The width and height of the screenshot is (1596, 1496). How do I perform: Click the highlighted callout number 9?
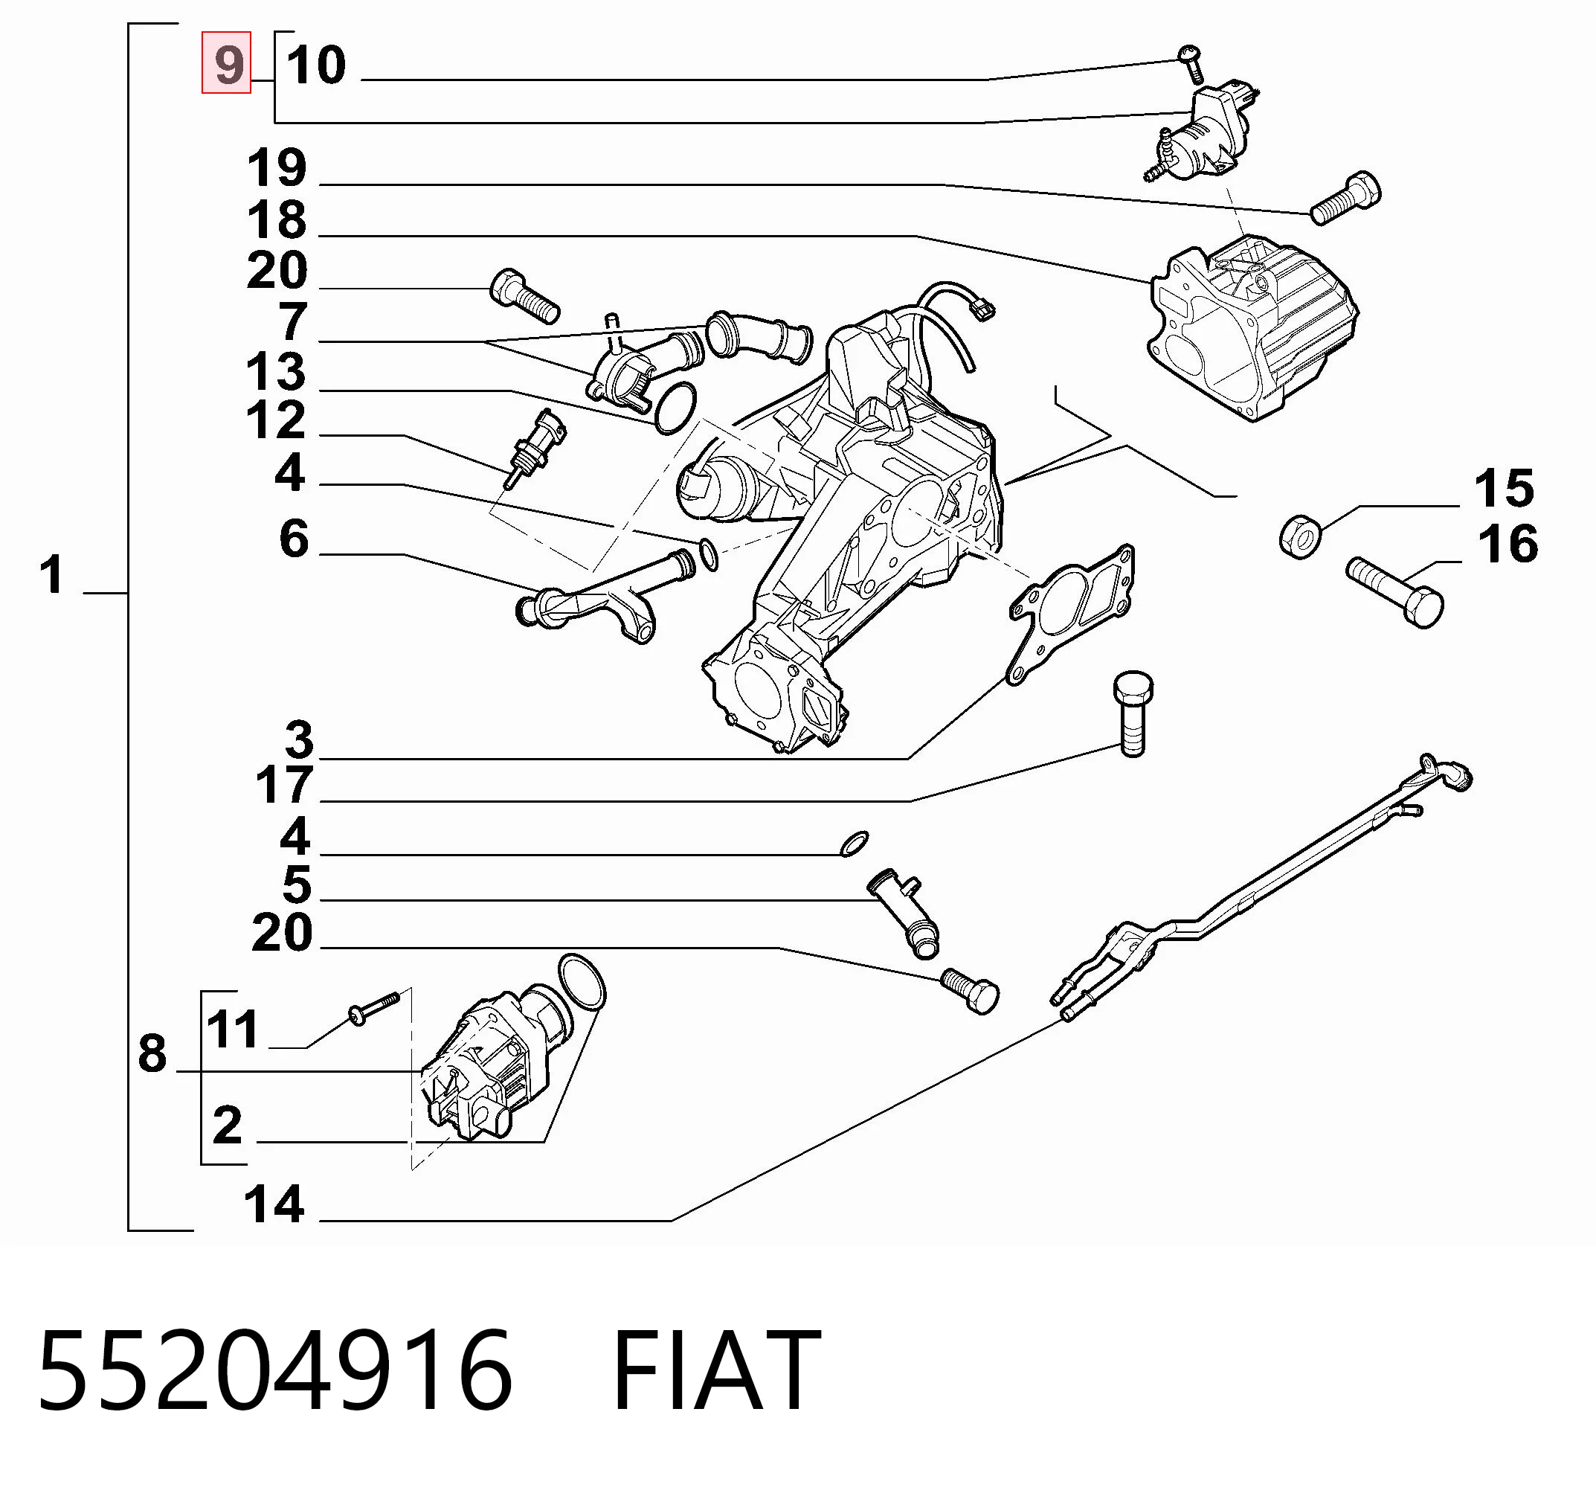(227, 63)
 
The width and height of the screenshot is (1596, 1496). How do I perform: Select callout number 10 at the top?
(316, 65)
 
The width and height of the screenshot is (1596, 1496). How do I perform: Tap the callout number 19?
(277, 168)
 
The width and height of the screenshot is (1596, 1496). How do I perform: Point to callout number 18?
(277, 219)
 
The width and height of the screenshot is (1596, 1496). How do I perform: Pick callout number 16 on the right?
(1507, 544)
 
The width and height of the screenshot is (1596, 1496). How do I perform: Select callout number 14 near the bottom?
(274, 1204)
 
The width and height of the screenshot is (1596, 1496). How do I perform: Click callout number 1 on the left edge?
(52, 575)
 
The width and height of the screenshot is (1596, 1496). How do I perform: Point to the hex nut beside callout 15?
(1300, 536)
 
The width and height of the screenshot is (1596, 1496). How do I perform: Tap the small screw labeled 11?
(373, 1008)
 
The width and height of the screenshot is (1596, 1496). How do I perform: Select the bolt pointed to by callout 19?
(1345, 199)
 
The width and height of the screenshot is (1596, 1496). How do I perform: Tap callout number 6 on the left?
(294, 538)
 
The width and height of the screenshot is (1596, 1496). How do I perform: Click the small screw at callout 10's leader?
(1191, 64)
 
